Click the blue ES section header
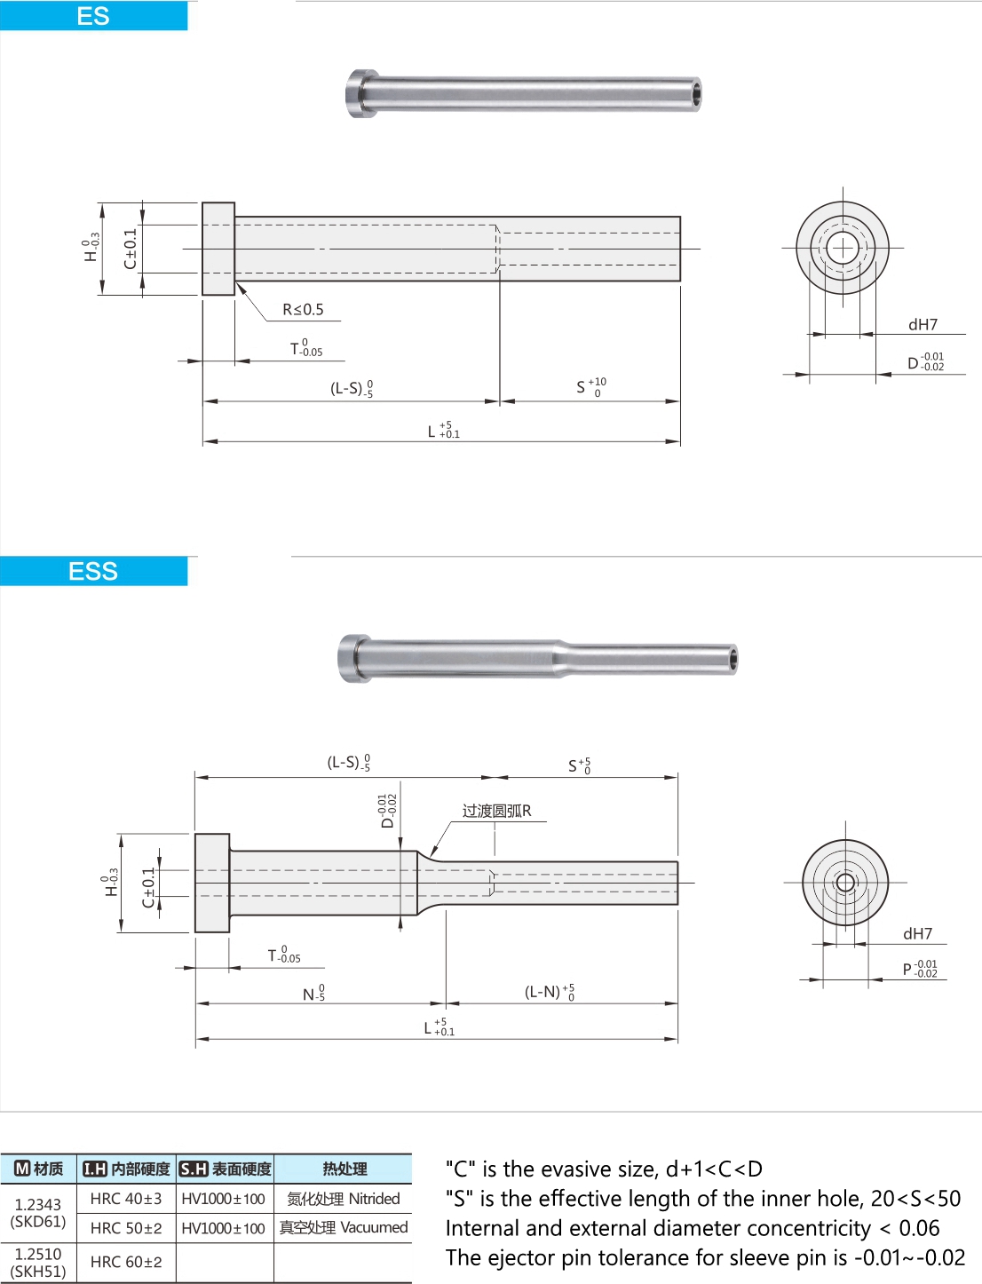pyautogui.click(x=93, y=16)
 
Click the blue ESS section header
pyautogui.click(x=93, y=571)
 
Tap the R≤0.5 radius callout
pyautogui.click(x=303, y=309)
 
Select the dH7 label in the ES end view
pyautogui.click(x=923, y=325)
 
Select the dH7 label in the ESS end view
pyautogui.click(x=918, y=933)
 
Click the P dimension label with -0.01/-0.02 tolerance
pyautogui.click(x=920, y=969)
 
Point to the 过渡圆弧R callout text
pyautogui.click(x=496, y=811)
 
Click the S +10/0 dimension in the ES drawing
pyautogui.click(x=591, y=386)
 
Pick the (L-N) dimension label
pyautogui.click(x=550, y=992)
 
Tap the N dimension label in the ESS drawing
pyautogui.click(x=314, y=994)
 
